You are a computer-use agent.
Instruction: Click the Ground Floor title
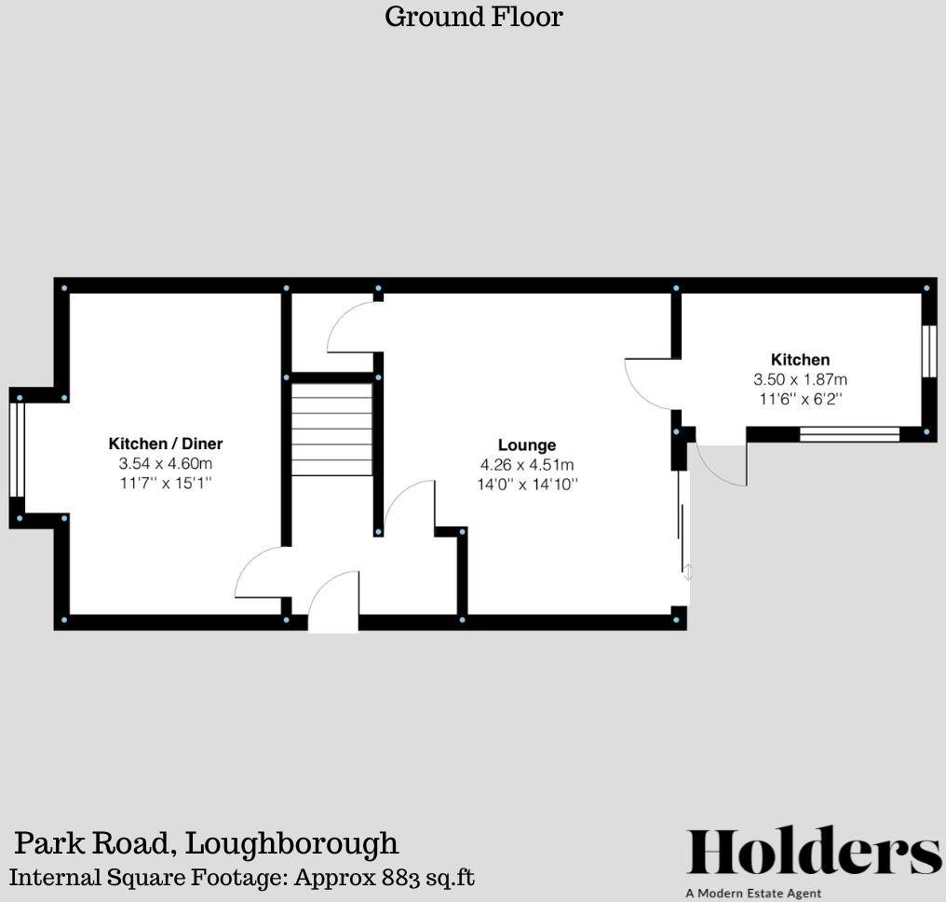coord(473,17)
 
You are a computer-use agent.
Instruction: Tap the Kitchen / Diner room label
coord(166,444)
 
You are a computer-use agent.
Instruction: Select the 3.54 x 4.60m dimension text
coord(166,463)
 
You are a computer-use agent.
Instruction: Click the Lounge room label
coord(527,445)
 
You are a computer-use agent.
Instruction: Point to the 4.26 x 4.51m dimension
coord(527,465)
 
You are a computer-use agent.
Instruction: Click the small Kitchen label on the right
coord(800,360)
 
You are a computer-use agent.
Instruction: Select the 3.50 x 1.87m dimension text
coord(800,379)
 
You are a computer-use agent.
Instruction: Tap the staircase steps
coord(331,430)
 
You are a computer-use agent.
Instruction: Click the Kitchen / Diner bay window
coord(15,449)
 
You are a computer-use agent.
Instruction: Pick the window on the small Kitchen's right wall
coord(928,350)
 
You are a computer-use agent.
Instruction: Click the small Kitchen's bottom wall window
coord(849,433)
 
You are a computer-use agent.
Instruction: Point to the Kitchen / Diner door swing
coord(261,574)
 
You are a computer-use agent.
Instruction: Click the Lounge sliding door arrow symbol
coord(688,572)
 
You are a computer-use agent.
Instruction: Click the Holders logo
coord(814,853)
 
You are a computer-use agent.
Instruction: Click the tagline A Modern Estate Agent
coord(753,894)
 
